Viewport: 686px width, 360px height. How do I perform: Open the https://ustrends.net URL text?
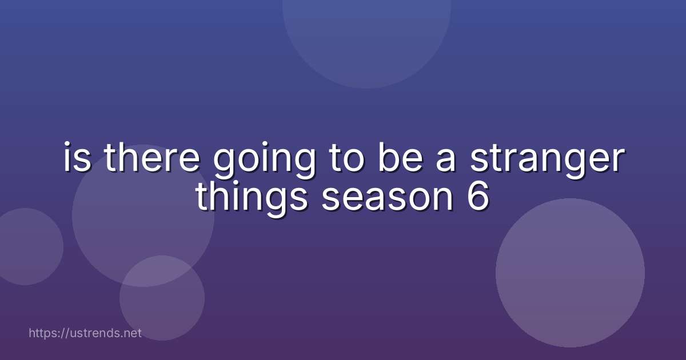[85, 333]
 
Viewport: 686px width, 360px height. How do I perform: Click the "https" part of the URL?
[43, 333]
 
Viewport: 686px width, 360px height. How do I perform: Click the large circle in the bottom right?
[570, 273]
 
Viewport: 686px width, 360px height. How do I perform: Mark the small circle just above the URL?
[162, 298]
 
